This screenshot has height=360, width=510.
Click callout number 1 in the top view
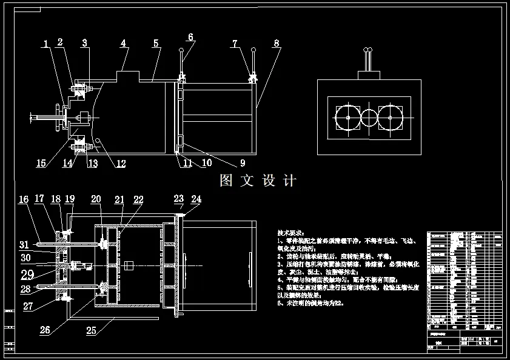point(46,44)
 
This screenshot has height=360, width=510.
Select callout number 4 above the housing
point(123,44)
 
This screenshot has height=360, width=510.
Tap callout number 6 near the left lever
point(190,37)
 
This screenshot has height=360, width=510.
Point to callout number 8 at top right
point(277,44)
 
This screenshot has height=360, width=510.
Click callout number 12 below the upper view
point(121,163)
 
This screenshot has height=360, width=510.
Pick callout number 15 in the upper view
point(41,163)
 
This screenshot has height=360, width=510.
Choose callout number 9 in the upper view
point(243,162)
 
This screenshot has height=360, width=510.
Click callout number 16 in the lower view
point(24,199)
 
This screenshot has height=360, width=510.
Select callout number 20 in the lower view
point(96,199)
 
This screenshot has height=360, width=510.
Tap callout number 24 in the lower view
point(196,199)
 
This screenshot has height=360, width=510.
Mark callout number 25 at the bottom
point(92,330)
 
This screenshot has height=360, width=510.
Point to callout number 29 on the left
point(27,274)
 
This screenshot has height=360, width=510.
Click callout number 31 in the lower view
point(24,245)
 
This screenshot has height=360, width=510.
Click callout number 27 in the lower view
point(28,306)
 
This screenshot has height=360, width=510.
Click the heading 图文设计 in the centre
point(258,181)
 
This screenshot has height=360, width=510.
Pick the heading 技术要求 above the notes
point(290,233)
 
